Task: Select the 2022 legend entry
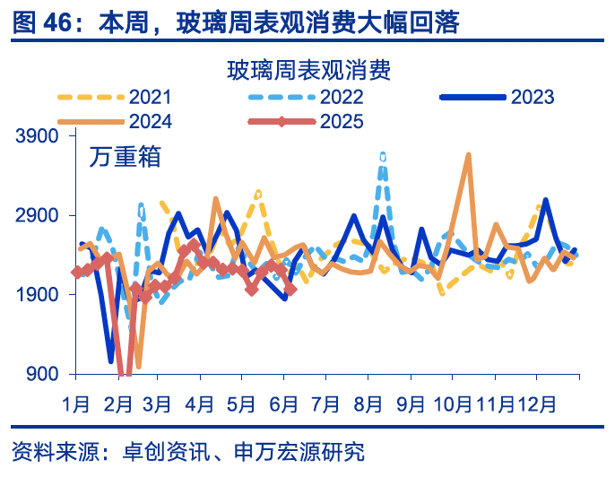pos(342,97)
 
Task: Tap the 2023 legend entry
pos(533,97)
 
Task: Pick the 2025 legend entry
pos(342,121)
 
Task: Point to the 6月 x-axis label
pos(283,403)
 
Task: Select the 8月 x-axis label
pos(368,403)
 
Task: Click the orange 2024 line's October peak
pos(468,156)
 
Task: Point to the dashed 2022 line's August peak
pos(383,156)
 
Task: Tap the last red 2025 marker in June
pos(290,289)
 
